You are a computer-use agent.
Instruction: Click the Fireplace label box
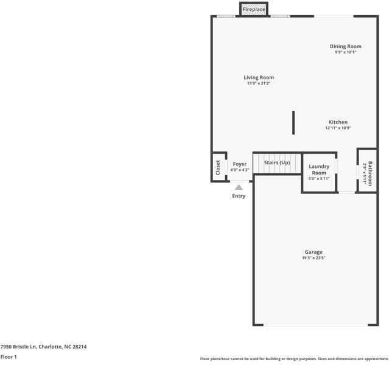pos(253,9)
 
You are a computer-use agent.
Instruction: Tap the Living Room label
pos(259,77)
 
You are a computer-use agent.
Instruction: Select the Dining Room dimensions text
pos(345,52)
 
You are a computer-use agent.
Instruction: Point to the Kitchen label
pos(338,122)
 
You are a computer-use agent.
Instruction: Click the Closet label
pos(218,167)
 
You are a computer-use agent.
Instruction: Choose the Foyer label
pos(240,164)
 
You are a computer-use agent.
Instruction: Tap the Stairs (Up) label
pos(277,162)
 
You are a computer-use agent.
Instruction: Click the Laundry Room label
pos(319,169)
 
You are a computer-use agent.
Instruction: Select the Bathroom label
pos(370,173)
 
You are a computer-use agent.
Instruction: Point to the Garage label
pos(314,252)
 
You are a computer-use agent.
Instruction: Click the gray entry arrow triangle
pos(239,187)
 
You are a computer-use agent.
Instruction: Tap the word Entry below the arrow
pos(239,196)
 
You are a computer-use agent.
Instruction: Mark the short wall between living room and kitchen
pos(293,123)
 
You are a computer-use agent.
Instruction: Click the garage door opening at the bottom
pos(315,324)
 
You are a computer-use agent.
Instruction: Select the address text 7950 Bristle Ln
pos(19,347)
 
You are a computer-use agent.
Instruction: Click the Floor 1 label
pos(9,357)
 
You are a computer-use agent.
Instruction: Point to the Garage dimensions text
pos(314,258)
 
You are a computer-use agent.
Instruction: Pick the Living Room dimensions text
pos(259,83)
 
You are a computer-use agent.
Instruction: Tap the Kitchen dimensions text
pos(338,128)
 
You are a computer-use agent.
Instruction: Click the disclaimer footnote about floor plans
pos(295,359)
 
